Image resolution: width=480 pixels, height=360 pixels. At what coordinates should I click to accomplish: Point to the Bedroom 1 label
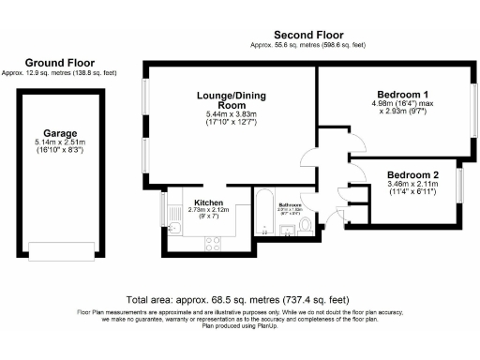pos(403,95)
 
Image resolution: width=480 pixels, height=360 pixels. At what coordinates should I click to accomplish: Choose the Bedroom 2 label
pos(412,175)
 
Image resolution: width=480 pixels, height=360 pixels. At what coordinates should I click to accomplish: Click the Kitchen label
pos(208,202)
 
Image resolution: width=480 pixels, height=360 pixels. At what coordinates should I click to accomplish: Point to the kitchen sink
pos(174,230)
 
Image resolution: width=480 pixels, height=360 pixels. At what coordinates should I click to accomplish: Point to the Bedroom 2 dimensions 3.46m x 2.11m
pos(412,186)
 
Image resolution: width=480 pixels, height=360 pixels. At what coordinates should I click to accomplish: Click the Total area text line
pos(240,294)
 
